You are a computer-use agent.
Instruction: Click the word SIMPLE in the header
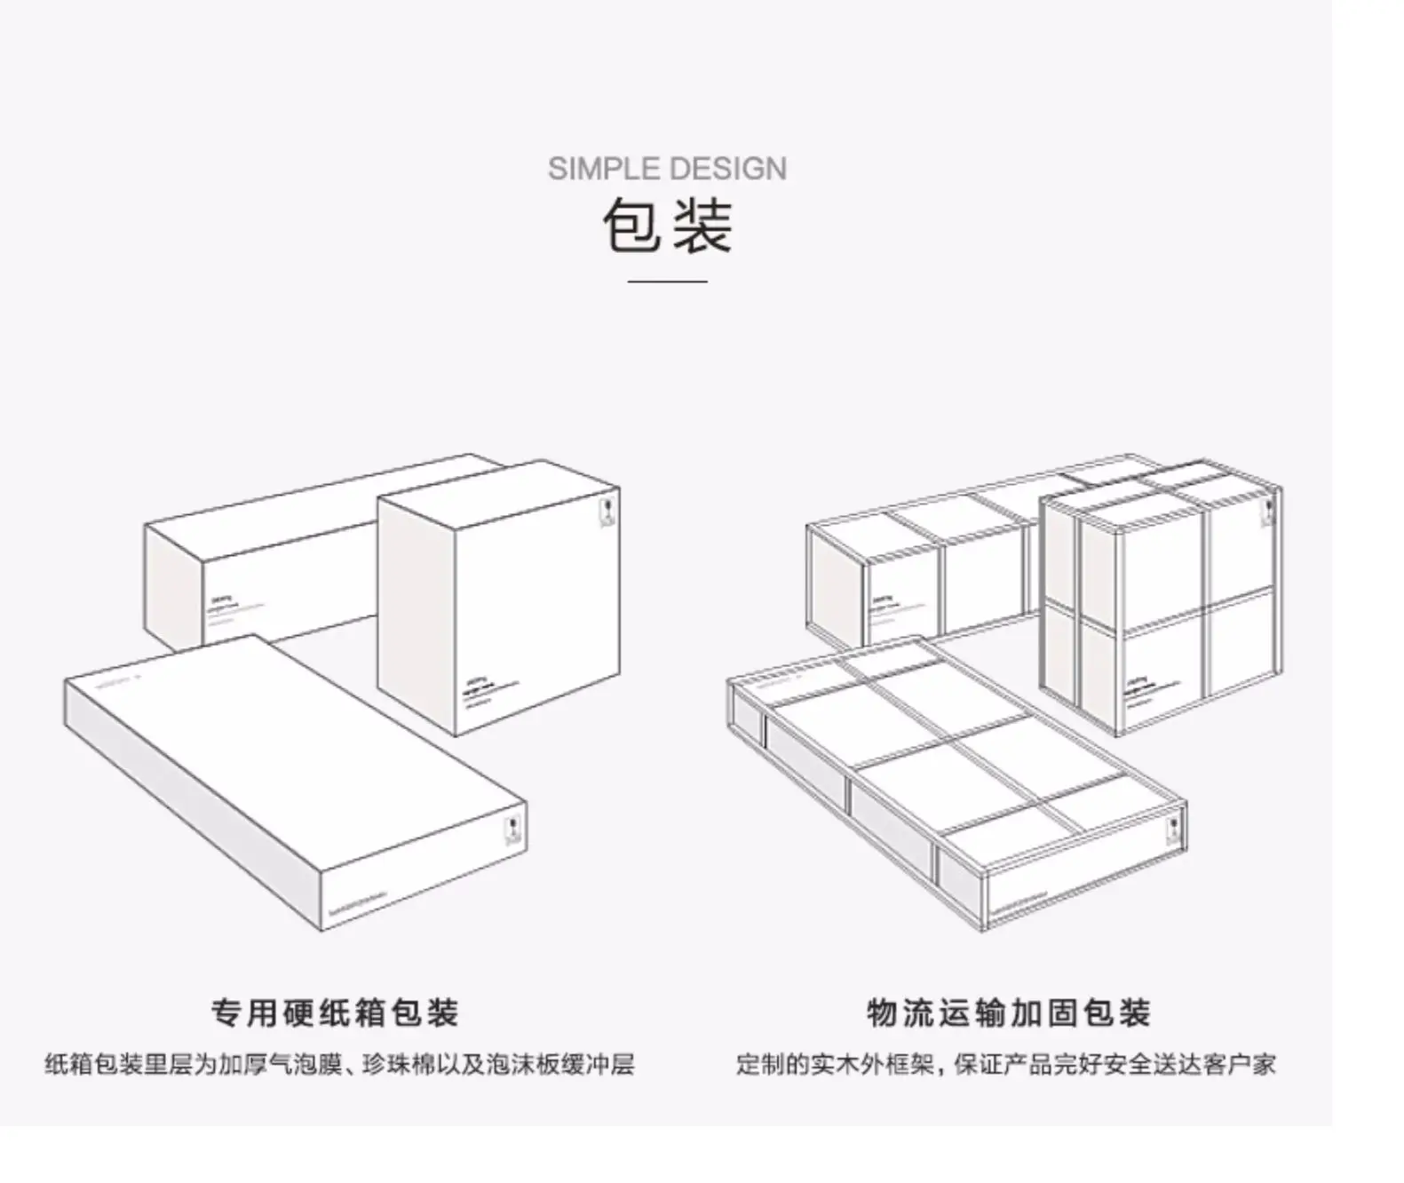click(x=605, y=169)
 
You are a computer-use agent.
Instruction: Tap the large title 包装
click(x=668, y=226)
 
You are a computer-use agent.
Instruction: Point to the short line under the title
click(x=668, y=281)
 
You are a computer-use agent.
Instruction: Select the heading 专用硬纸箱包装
click(x=335, y=1012)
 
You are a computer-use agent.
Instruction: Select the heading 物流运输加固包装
click(x=1009, y=1012)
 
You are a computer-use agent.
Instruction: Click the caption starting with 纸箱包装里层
click(x=340, y=1064)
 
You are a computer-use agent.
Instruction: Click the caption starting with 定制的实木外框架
click(x=1006, y=1064)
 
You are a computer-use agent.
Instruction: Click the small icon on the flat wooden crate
click(x=1174, y=829)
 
